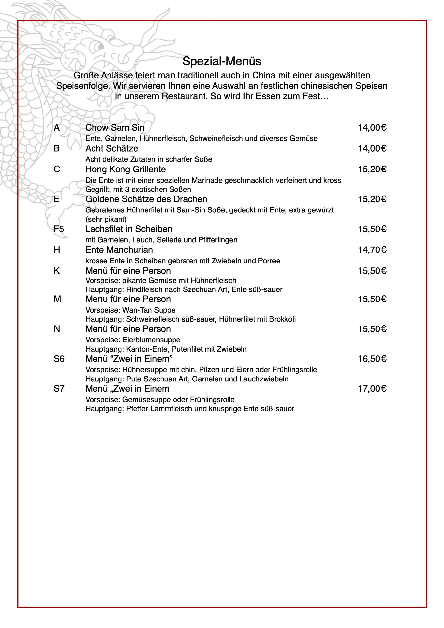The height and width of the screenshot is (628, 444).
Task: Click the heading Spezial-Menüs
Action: (x=222, y=61)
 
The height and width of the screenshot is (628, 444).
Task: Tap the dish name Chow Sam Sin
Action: (x=115, y=128)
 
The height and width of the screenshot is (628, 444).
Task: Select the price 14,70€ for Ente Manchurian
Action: (x=372, y=250)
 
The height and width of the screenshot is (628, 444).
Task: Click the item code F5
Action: (x=59, y=229)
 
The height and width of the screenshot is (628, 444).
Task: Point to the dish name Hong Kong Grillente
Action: (x=125, y=169)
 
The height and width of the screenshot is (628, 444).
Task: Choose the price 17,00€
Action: (x=372, y=388)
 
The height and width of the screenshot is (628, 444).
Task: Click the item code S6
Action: (x=59, y=359)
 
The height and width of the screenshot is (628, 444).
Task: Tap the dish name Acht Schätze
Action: (x=112, y=148)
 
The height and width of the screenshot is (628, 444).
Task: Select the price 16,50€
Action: (x=372, y=359)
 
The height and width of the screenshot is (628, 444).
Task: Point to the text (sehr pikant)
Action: (x=106, y=219)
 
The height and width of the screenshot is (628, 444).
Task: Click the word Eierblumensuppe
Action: (x=151, y=340)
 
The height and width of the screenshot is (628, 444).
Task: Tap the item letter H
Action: (x=57, y=250)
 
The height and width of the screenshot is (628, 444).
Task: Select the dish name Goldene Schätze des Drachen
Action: (x=146, y=199)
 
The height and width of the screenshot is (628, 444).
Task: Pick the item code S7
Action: (x=59, y=388)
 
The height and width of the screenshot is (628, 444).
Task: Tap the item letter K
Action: (x=57, y=271)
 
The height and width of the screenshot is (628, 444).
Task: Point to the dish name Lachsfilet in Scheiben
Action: (x=129, y=229)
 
